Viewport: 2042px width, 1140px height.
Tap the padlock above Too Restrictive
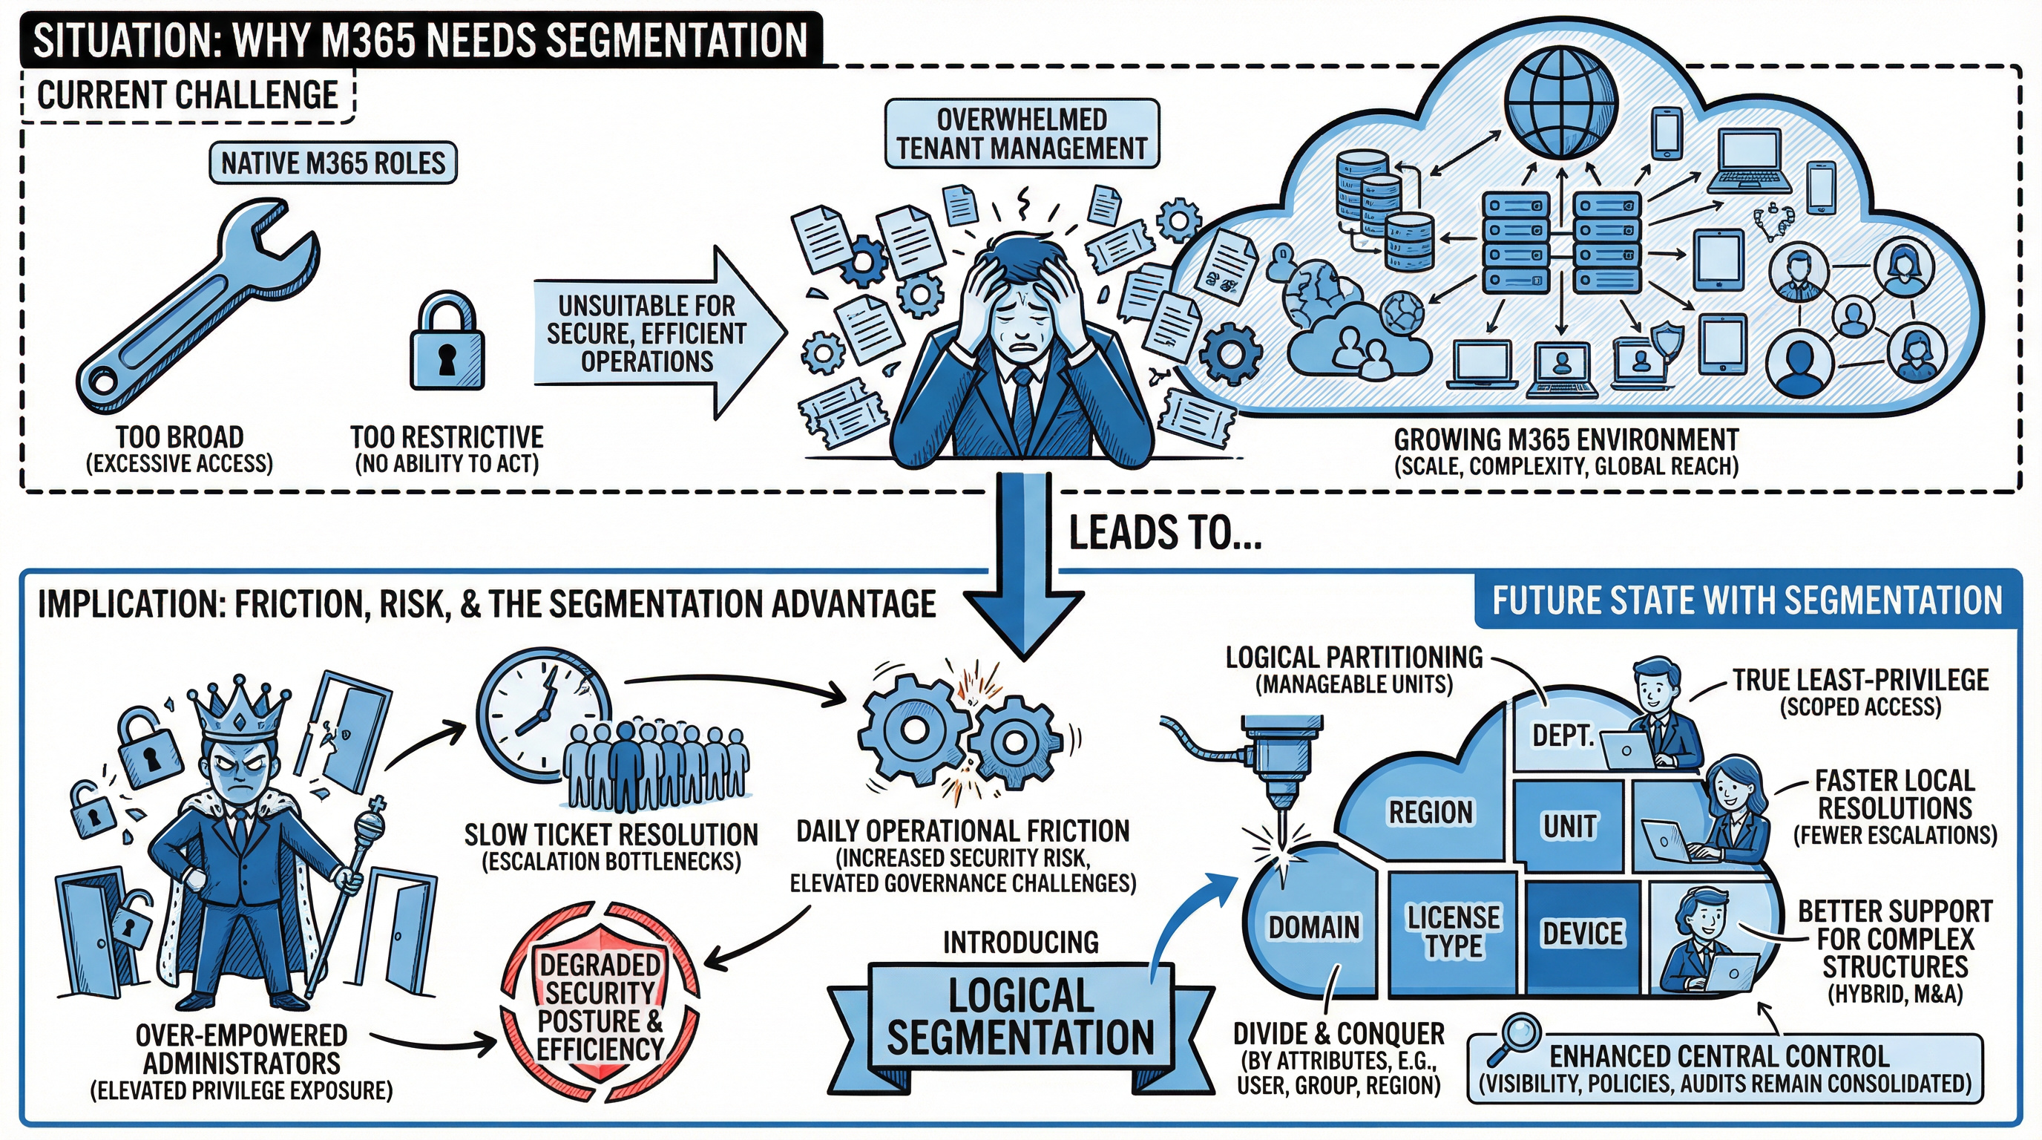tap(446, 345)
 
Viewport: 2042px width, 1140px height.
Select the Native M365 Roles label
tap(333, 163)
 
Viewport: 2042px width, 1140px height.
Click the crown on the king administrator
tap(237, 710)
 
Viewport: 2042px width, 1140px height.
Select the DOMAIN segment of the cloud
tap(1313, 926)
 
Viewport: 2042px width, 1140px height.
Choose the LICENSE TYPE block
tap(1453, 932)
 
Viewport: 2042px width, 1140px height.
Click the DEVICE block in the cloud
tap(1582, 934)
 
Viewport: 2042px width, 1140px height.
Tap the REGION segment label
tap(1430, 812)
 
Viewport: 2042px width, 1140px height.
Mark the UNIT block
tap(1569, 826)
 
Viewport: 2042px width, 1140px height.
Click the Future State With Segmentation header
tap(1747, 601)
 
